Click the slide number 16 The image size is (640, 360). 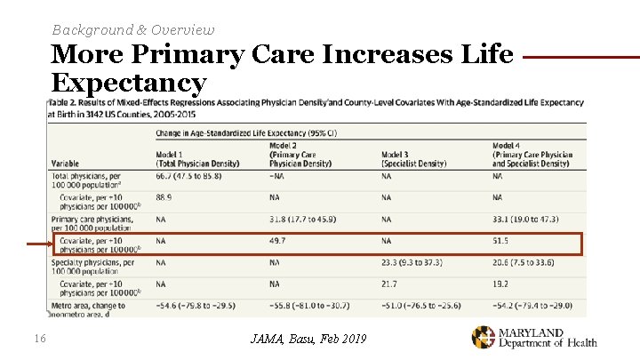click(x=39, y=337)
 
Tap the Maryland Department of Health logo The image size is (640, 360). click(x=533, y=337)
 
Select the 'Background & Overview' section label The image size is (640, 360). click(x=133, y=29)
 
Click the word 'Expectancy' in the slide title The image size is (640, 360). click(x=129, y=83)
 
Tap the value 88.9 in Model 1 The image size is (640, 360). click(x=164, y=197)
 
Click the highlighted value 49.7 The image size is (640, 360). click(x=277, y=241)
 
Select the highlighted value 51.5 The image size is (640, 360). click(x=501, y=241)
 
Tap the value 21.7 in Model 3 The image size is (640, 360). click(x=389, y=284)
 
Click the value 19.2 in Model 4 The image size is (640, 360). click(x=501, y=284)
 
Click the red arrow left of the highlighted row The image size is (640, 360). click(x=37, y=244)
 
